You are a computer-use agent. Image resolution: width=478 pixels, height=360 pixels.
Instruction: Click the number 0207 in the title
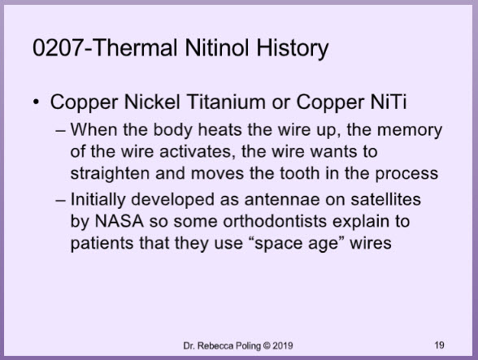coord(58,48)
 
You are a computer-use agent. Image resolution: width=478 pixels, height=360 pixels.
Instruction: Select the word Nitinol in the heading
coord(218,48)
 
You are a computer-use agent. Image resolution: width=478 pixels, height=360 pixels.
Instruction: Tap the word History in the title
coord(293,50)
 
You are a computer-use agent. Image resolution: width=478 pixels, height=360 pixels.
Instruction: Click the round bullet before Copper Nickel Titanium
coord(36,102)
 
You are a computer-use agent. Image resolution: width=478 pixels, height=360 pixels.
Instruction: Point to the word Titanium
coord(226,102)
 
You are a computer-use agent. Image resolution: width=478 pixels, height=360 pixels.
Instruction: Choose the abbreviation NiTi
coord(389,102)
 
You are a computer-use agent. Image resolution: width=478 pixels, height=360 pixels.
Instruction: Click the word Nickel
coord(152,102)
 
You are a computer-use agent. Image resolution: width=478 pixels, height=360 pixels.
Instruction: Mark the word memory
coord(410,130)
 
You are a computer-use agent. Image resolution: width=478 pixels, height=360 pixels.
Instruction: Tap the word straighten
coord(110,174)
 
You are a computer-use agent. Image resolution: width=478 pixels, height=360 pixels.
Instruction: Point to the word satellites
coord(385,199)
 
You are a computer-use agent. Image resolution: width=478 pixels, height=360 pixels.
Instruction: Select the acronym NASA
coord(119,221)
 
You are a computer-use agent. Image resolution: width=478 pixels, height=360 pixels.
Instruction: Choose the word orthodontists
coord(275,221)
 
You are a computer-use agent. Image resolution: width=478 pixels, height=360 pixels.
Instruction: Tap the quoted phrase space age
coord(297,244)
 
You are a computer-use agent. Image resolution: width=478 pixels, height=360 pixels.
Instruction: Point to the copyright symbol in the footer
coord(267,345)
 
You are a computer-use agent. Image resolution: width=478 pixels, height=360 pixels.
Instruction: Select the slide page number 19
coord(439,345)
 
